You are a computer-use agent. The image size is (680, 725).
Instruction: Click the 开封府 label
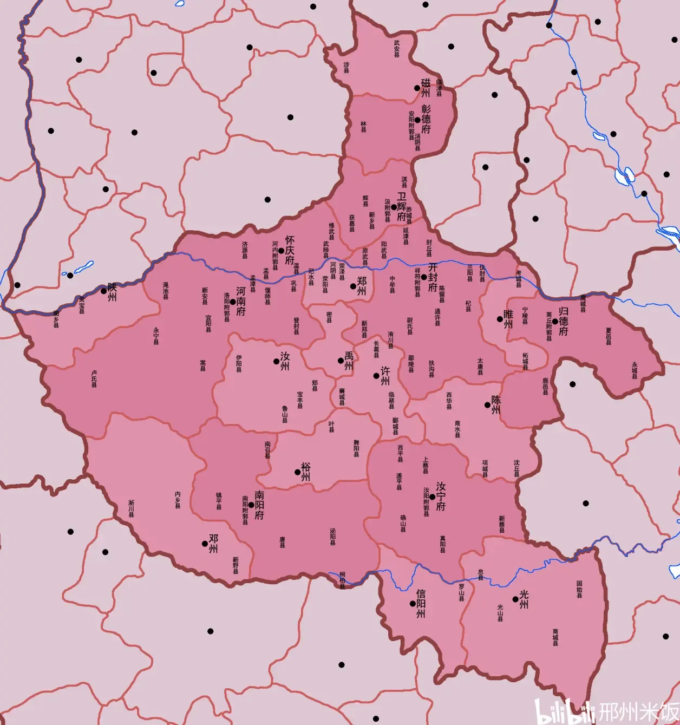click(433, 277)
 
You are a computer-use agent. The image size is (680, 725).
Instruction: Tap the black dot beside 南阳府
click(251, 505)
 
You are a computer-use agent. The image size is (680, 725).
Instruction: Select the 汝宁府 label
click(441, 497)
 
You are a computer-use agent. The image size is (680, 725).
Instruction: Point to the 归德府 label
click(564, 321)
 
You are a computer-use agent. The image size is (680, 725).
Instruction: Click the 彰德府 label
click(426, 119)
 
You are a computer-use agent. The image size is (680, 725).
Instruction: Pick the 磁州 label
click(426, 87)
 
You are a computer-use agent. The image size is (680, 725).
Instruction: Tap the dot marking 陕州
click(104, 291)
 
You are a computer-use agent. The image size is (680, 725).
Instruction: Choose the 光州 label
click(524, 599)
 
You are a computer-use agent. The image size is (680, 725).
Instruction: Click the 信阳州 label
click(421, 604)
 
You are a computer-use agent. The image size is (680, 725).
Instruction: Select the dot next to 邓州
click(205, 544)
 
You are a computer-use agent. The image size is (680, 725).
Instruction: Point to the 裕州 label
click(306, 472)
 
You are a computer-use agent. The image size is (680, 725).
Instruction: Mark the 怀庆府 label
click(290, 250)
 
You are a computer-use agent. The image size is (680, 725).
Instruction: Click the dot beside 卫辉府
click(394, 207)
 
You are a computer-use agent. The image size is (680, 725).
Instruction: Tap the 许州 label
click(385, 375)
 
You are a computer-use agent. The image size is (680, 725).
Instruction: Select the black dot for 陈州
click(487, 404)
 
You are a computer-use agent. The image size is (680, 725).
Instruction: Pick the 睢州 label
click(508, 319)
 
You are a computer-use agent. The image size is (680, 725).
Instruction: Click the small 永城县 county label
click(635, 370)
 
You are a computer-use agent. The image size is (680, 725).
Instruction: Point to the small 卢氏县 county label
click(94, 378)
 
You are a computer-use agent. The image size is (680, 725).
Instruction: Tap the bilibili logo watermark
click(564, 711)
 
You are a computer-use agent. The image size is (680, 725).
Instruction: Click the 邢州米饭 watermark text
click(639, 711)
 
